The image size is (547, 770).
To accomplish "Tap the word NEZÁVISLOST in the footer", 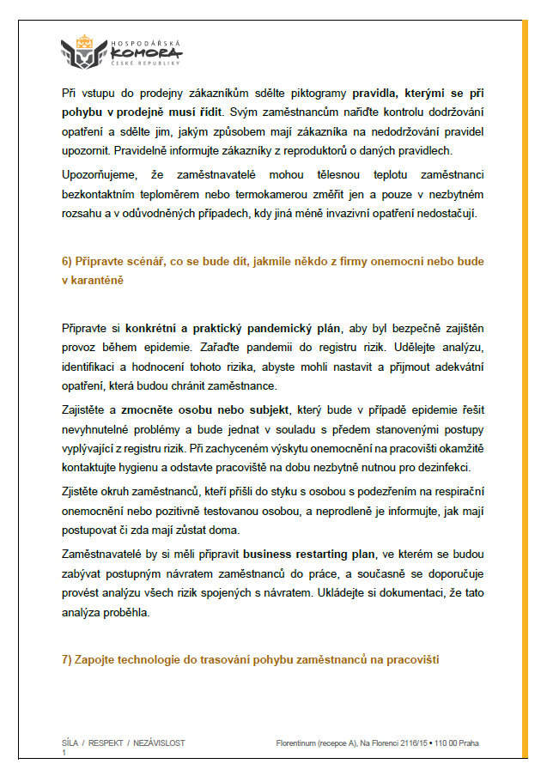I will click(x=160, y=743).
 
